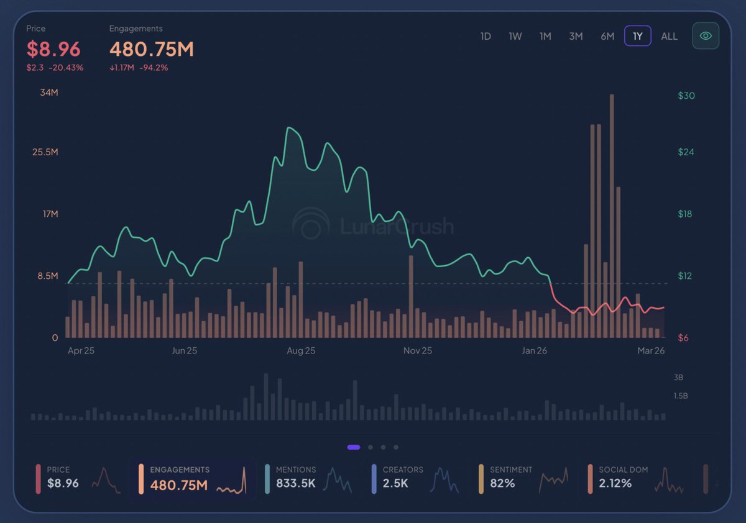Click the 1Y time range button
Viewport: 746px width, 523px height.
tap(637, 36)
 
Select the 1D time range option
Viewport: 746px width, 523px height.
tap(486, 36)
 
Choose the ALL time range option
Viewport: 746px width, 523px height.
tap(669, 36)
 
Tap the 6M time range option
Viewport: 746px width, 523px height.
tap(607, 36)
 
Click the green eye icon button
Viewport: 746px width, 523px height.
tap(706, 36)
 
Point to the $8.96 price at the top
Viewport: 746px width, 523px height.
tap(53, 48)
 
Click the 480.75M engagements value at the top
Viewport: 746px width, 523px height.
tap(152, 48)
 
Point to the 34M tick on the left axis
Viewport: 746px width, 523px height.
tap(48, 93)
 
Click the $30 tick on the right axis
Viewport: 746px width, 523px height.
tap(686, 96)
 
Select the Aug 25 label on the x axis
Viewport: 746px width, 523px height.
tap(301, 351)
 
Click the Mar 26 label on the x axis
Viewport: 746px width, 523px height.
tap(651, 351)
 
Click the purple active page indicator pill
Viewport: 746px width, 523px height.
tap(354, 447)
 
